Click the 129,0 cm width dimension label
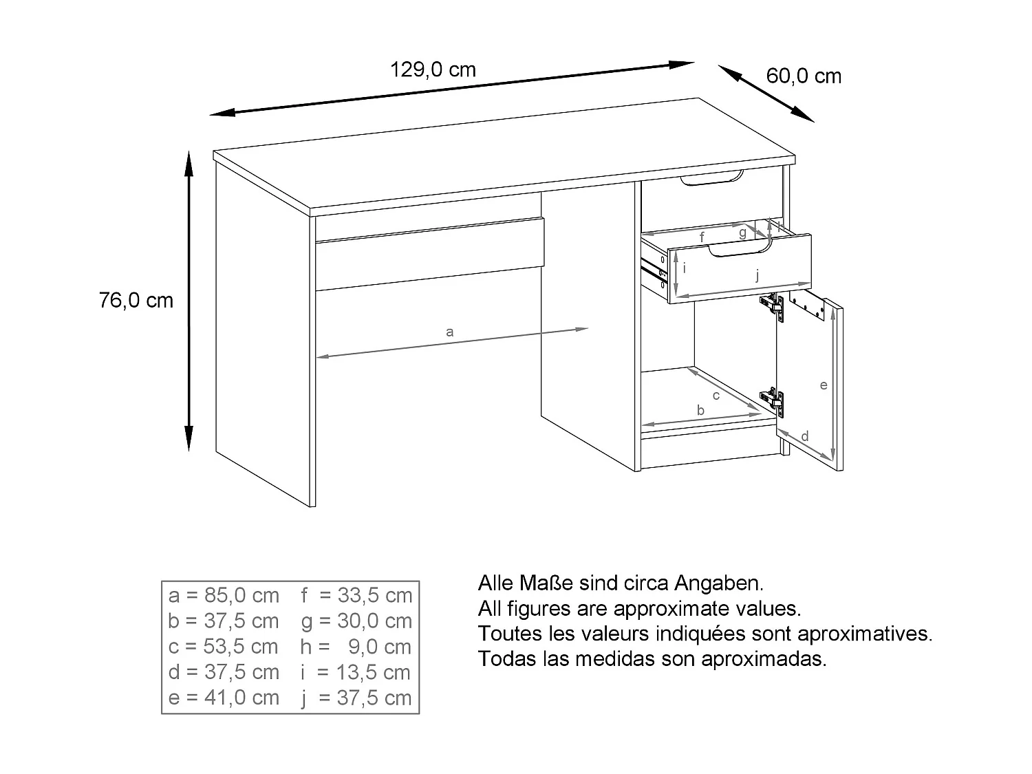(x=433, y=69)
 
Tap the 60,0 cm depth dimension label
(x=804, y=76)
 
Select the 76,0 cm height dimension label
(x=136, y=301)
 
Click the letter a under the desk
(x=450, y=332)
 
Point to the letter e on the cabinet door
(x=823, y=385)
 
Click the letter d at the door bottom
(x=805, y=436)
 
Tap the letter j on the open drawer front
(x=757, y=275)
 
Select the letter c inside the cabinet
(x=716, y=396)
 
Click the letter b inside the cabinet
(x=700, y=411)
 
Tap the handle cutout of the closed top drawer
(x=712, y=180)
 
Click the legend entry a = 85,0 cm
(x=224, y=595)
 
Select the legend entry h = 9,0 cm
(x=356, y=647)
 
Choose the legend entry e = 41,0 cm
(x=224, y=698)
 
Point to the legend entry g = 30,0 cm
(x=356, y=621)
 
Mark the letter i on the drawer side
(x=685, y=268)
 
